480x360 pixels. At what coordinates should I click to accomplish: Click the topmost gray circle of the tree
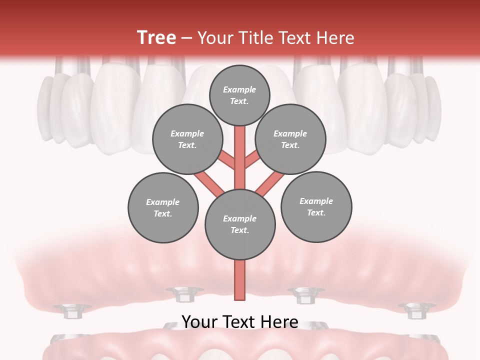tap(239, 95)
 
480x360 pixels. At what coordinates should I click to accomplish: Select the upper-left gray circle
tap(187, 139)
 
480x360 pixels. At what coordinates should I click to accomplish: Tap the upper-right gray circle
tap(290, 139)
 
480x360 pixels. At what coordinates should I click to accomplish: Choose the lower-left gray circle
tap(163, 208)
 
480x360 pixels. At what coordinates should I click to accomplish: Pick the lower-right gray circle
tap(316, 207)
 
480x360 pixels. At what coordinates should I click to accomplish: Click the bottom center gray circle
tap(240, 224)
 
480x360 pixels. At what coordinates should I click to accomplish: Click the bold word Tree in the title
tap(156, 37)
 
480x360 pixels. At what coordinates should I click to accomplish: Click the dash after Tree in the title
tap(187, 38)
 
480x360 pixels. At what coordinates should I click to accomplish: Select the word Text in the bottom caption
tap(240, 322)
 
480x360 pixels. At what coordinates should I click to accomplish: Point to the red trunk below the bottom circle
tap(240, 280)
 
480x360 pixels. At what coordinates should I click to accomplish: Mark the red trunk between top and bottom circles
tap(240, 155)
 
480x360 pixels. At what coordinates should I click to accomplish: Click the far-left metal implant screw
tap(72, 311)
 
